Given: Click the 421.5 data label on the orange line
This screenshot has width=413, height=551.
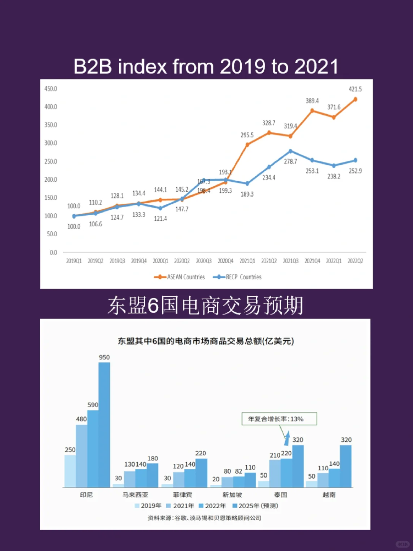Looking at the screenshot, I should pyautogui.click(x=355, y=89).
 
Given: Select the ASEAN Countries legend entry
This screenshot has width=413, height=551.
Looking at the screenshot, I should pyautogui.click(x=180, y=277).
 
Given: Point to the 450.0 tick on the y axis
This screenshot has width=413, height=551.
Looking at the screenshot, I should pyautogui.click(x=50, y=89).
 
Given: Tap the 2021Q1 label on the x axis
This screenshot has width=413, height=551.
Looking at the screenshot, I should pyautogui.click(x=247, y=261).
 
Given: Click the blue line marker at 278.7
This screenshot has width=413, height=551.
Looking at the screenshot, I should pyautogui.click(x=290, y=151).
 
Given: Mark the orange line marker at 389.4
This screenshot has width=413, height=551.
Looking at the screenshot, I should pyautogui.click(x=312, y=111).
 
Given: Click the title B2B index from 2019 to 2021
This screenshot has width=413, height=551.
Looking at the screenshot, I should pyautogui.click(x=206, y=67).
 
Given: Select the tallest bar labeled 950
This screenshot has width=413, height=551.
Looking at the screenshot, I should pyautogui.click(x=104, y=424).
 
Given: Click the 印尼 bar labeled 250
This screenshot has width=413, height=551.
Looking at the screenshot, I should pyautogui.click(x=70, y=471).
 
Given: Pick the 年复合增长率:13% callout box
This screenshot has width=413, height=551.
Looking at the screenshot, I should pyautogui.click(x=279, y=419).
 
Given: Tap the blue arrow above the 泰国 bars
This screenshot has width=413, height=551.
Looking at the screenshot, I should pyautogui.click(x=287, y=438).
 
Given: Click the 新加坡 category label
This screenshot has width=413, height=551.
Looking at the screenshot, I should pyautogui.click(x=232, y=495).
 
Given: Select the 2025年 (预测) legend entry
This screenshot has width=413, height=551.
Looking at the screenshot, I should pyautogui.click(x=255, y=506).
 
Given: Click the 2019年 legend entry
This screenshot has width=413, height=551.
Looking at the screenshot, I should pyautogui.click(x=148, y=506).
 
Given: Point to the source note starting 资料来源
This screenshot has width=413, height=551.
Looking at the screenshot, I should pyautogui.click(x=205, y=518).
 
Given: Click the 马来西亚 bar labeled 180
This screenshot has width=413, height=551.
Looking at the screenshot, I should pyautogui.click(x=153, y=475).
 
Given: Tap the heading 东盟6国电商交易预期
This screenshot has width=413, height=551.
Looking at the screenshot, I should pyautogui.click(x=205, y=306).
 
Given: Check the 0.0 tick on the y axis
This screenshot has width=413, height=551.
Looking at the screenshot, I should pyautogui.click(x=53, y=252).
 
